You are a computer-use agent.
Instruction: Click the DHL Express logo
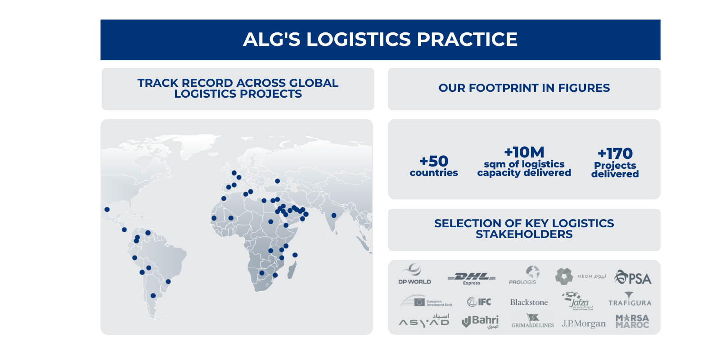[x=471, y=278]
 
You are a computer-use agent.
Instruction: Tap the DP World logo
[x=414, y=275]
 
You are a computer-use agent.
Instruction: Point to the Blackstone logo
[x=529, y=302]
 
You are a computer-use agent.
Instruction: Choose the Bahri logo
[x=480, y=321]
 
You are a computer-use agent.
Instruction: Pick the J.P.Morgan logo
[x=583, y=324]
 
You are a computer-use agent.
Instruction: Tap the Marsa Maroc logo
[x=632, y=321]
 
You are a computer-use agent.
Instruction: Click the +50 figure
[x=434, y=161]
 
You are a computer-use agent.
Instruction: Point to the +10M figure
[x=524, y=152]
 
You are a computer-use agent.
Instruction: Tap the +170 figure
[x=615, y=153]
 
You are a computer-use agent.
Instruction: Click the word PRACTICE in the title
[x=467, y=39]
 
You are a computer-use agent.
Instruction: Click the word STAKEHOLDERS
[x=524, y=234]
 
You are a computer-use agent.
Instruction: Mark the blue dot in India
[x=334, y=215]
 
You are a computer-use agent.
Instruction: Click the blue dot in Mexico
[x=107, y=209]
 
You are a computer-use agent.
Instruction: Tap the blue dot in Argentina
[x=153, y=296]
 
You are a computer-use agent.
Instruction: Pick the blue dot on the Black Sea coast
[x=277, y=181]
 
